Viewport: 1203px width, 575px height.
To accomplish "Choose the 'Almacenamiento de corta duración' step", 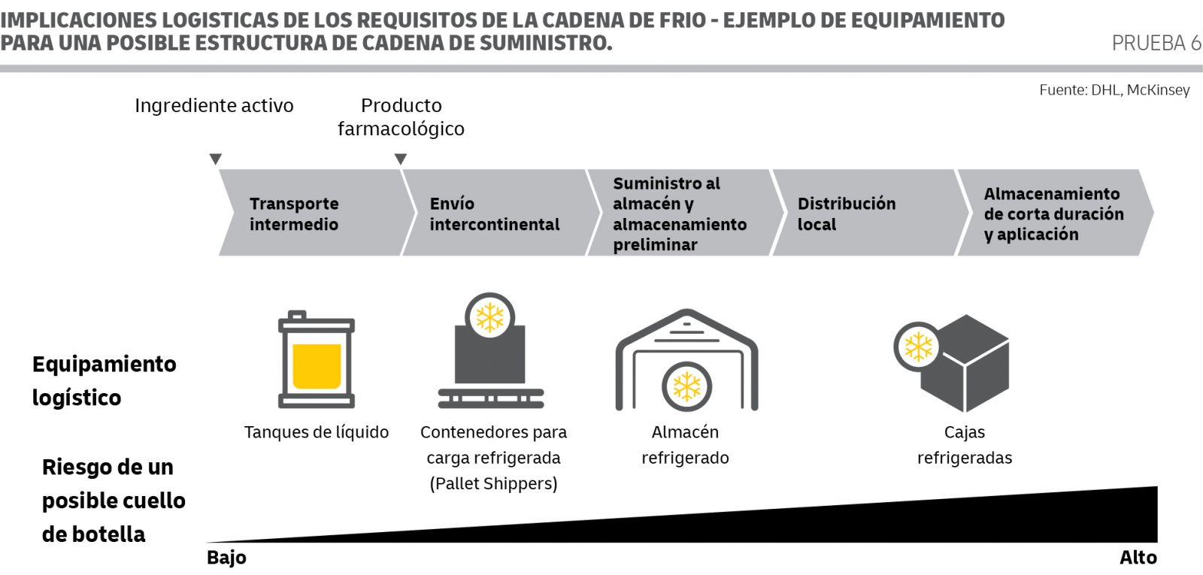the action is tap(1056, 213).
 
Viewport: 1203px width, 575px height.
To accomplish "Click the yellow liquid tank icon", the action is tap(317, 359).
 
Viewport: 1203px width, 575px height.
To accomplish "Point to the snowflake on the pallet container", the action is tap(489, 317).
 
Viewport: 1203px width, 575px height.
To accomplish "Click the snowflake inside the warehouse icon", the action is tap(687, 386).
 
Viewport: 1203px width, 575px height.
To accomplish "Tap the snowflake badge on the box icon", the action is tap(918, 347).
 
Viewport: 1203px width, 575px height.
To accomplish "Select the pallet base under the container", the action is tap(491, 398).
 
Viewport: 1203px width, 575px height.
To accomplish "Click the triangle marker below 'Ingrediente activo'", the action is tap(215, 159).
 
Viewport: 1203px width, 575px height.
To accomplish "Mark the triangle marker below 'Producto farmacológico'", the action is tap(400, 159).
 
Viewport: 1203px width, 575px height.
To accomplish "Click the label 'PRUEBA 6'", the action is tap(1156, 43).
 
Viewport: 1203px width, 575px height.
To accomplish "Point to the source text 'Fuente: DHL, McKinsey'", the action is tap(1114, 89).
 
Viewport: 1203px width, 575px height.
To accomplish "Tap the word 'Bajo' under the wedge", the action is tap(226, 558).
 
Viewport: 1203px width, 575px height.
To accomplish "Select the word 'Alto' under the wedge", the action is tap(1138, 558).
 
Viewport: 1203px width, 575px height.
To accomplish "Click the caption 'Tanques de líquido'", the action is tap(317, 432).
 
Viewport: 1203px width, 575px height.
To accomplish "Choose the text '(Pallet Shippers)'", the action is tap(493, 484).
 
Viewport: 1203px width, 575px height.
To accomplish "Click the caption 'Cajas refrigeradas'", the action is tap(965, 445).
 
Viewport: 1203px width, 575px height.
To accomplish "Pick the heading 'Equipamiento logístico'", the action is tap(105, 380).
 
